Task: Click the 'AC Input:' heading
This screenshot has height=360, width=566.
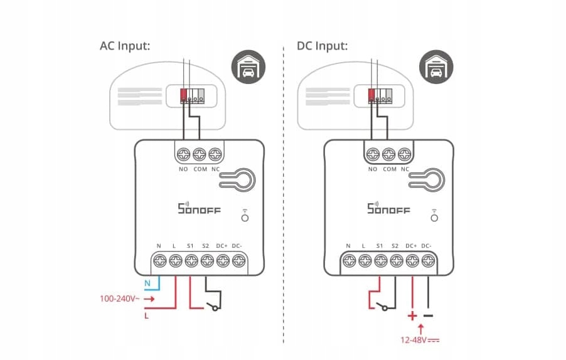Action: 125,46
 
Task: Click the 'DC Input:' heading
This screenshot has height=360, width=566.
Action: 322,46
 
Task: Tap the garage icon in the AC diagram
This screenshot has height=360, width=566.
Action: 248,66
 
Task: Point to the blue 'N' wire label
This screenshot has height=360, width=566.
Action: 147,283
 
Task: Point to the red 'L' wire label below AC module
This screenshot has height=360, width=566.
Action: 147,315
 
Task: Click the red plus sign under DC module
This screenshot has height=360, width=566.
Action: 412,315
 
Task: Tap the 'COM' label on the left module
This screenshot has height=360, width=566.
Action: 200,169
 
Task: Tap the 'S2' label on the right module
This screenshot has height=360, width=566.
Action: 395,245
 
